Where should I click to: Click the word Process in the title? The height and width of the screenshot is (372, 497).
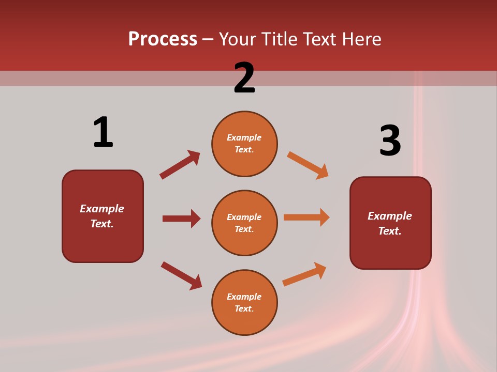click(163, 39)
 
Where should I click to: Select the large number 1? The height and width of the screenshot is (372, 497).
click(103, 132)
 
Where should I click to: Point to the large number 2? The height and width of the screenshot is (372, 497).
click(244, 78)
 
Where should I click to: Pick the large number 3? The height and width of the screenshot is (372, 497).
click(390, 141)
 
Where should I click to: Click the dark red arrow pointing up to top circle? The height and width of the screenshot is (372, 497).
click(180, 165)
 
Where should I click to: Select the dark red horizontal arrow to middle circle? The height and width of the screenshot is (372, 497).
click(181, 219)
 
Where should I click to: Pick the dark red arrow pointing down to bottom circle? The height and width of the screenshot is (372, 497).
click(181, 275)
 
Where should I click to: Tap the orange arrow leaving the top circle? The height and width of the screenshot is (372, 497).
click(308, 165)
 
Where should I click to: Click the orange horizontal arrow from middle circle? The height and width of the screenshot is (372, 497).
click(306, 218)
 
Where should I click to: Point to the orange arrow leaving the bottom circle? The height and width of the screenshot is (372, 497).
click(304, 274)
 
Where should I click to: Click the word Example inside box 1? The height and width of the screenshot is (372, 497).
click(102, 209)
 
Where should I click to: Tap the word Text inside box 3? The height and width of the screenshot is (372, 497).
click(389, 231)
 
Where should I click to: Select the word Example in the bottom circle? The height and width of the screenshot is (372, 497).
click(244, 297)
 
